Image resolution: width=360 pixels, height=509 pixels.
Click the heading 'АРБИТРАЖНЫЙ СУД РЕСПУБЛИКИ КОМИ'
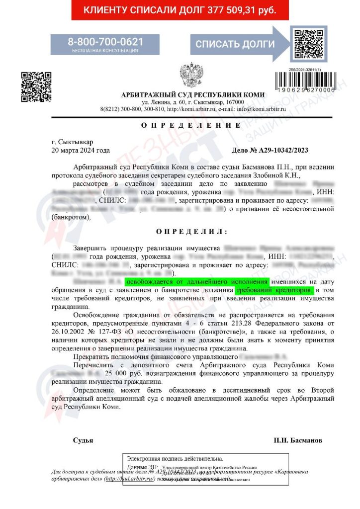[x=193, y=95]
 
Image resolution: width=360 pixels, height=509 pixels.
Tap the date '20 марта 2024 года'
[x=81, y=150]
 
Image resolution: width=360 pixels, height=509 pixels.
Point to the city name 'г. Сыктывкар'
[x=72, y=142]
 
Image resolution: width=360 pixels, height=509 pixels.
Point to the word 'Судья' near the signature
[x=83, y=440]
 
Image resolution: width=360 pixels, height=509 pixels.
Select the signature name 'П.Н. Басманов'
[x=298, y=440]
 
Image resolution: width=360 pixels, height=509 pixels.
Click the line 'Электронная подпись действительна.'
[x=175, y=458]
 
